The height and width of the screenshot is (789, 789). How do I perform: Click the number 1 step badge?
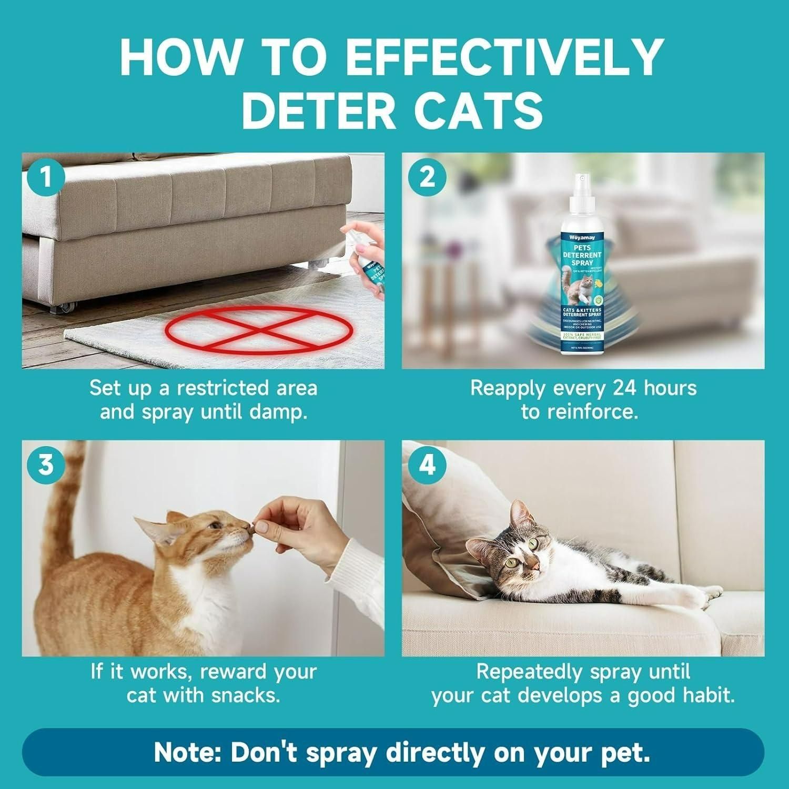tap(46, 177)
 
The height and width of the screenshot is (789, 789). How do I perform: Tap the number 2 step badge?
tap(428, 177)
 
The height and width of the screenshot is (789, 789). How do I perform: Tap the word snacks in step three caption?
tap(245, 695)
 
